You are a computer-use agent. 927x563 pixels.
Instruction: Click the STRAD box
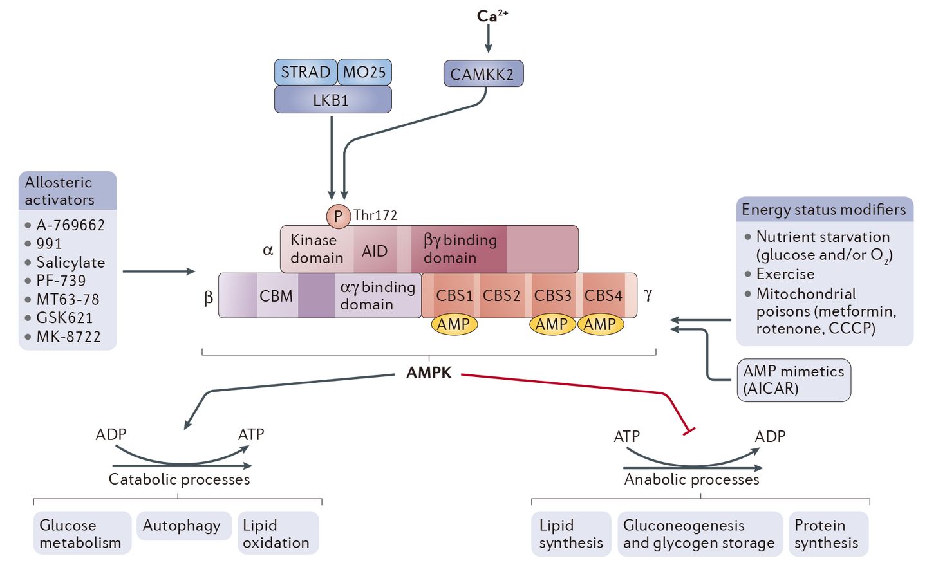pyautogui.click(x=305, y=72)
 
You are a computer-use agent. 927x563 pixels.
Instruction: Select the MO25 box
pyautogui.click(x=364, y=72)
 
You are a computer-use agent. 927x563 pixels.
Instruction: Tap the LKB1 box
pyautogui.click(x=332, y=100)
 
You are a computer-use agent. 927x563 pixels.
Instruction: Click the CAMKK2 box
pyautogui.click(x=482, y=75)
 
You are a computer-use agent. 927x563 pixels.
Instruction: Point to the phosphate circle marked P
pyautogui.click(x=338, y=217)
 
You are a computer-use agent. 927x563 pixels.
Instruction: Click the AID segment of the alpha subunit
pyautogui.click(x=375, y=250)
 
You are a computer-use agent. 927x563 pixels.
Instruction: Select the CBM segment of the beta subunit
pyautogui.click(x=276, y=296)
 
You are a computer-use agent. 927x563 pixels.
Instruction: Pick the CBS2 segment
pyautogui.click(x=501, y=295)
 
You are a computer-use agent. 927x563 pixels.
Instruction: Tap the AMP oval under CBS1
pyautogui.click(x=454, y=325)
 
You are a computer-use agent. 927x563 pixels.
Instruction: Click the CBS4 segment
pyautogui.click(x=603, y=295)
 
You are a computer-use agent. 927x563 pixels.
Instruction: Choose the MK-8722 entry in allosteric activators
pyautogui.click(x=68, y=337)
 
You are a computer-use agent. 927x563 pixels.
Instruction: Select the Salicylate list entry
pyautogui.click(x=70, y=263)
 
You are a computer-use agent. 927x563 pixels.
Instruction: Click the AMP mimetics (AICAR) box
pyautogui.click(x=793, y=380)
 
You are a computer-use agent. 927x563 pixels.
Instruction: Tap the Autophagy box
pyautogui.click(x=182, y=526)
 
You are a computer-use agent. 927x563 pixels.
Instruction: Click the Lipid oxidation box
pyautogui.click(x=277, y=533)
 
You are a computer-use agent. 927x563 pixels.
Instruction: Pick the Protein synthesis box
pyautogui.click(x=827, y=533)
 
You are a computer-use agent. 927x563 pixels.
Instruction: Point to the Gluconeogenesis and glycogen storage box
pyautogui.click(x=699, y=533)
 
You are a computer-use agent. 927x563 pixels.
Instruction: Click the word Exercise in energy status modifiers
pyautogui.click(x=785, y=274)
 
